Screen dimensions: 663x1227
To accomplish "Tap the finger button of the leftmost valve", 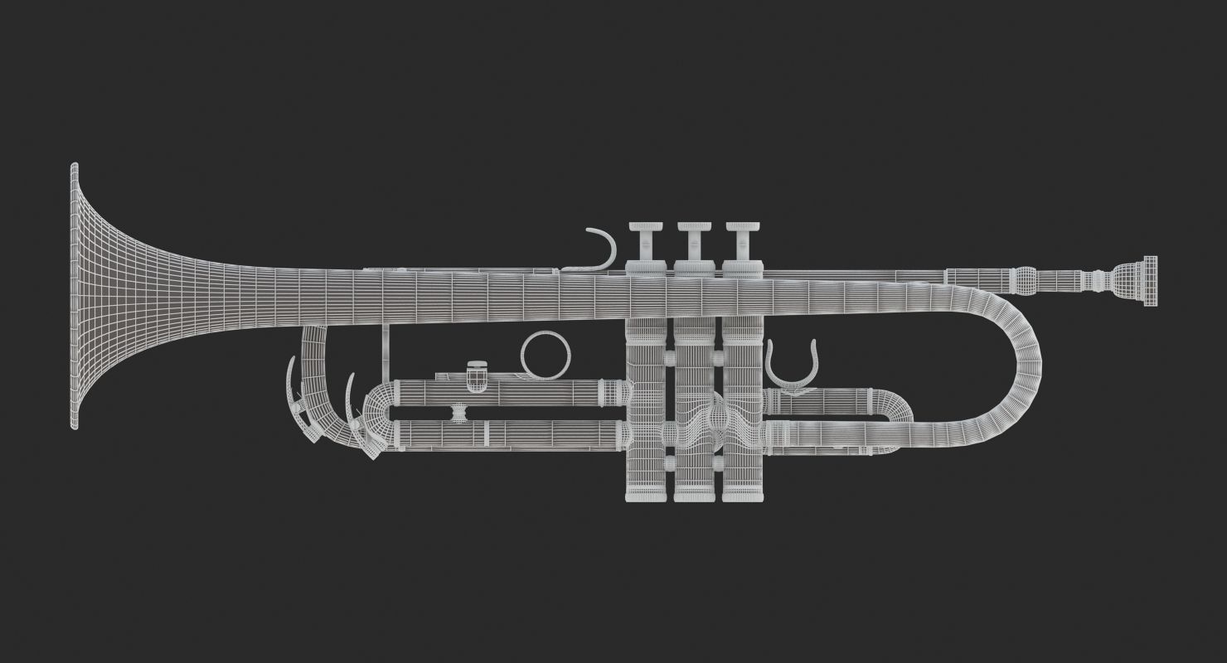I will (x=647, y=228).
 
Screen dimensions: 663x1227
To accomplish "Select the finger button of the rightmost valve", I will (x=743, y=228).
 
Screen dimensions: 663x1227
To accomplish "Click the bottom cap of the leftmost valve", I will (x=646, y=494).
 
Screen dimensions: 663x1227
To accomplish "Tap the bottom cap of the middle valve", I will (x=694, y=494).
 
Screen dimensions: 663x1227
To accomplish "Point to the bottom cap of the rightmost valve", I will (x=742, y=494).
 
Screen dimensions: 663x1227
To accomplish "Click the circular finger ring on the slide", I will (x=546, y=356).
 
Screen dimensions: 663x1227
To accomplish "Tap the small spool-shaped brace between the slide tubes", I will (x=457, y=412).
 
